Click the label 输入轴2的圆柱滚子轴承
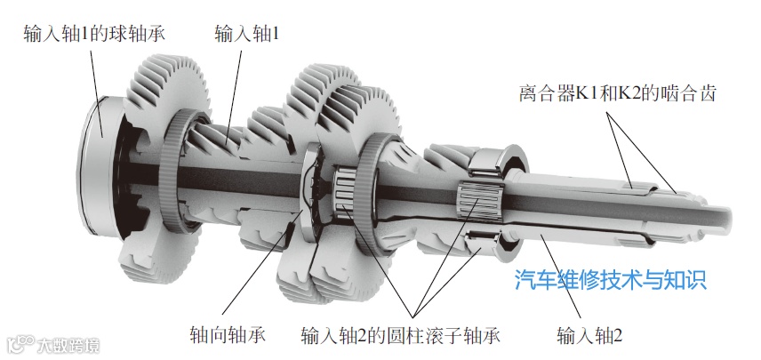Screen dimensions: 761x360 click(x=401, y=336)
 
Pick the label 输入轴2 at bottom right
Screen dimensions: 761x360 click(x=589, y=336)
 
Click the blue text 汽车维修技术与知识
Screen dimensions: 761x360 click(x=611, y=282)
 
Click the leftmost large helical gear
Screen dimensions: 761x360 click(x=164, y=89)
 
